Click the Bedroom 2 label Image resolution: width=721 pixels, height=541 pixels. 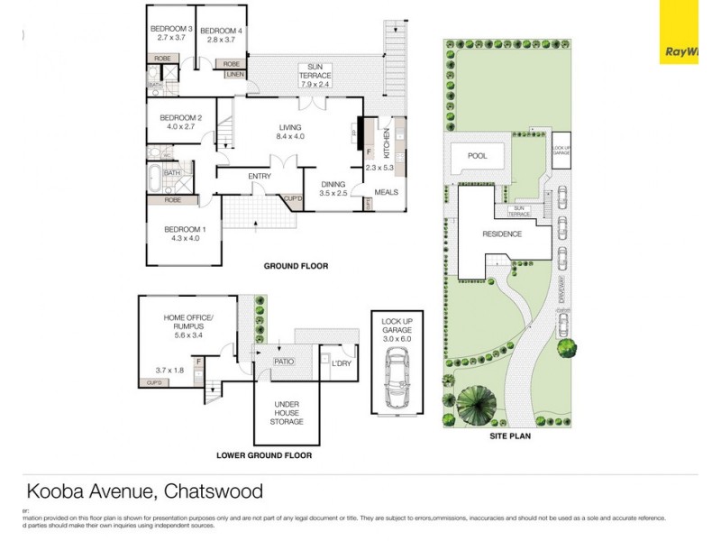point(180,123)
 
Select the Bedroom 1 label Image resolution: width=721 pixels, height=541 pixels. point(185,234)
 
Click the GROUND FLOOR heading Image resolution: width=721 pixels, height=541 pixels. point(295,266)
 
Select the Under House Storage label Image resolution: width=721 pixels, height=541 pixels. point(286,412)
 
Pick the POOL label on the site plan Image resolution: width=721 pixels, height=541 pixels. point(477,156)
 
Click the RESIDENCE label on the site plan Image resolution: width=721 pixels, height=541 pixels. point(502,234)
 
